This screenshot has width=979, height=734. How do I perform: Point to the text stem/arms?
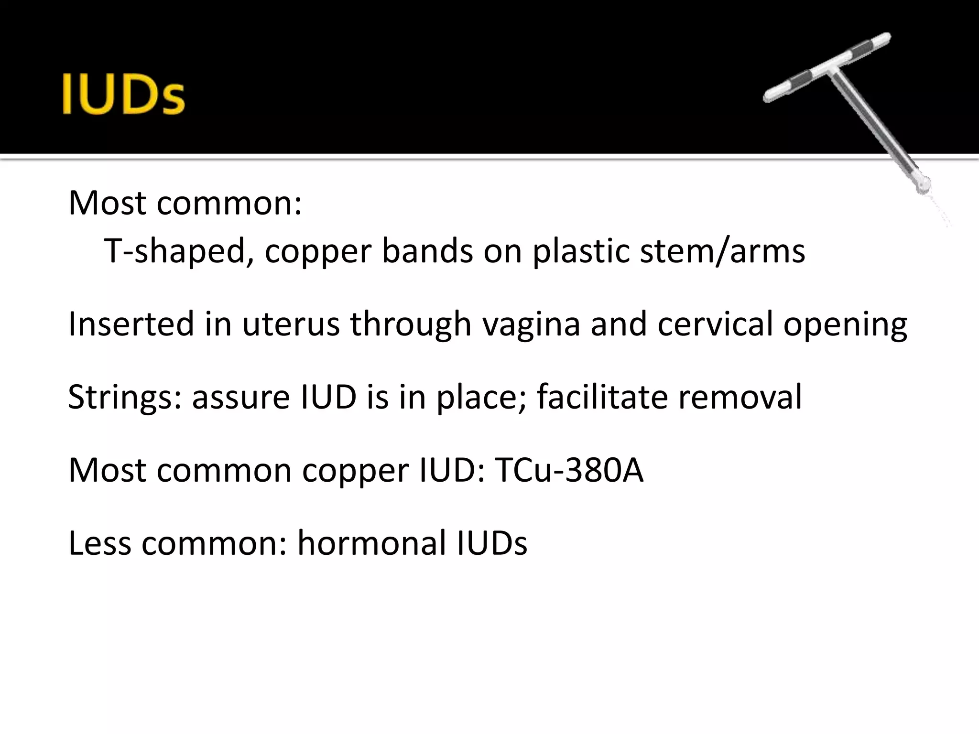(x=722, y=251)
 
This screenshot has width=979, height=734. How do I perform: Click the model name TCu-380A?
(x=569, y=470)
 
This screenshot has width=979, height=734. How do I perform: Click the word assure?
(x=240, y=398)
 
